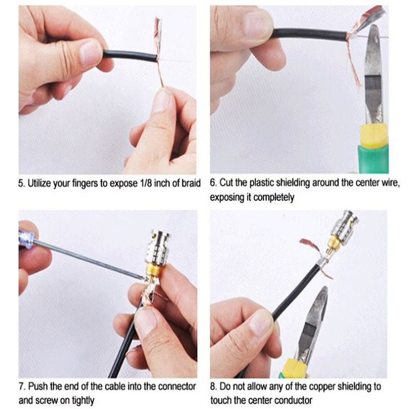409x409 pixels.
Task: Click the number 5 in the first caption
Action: click(x=21, y=183)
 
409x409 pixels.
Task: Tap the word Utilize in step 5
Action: click(x=39, y=183)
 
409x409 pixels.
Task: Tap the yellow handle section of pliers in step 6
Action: click(x=373, y=136)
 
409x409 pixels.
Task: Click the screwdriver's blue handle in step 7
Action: click(x=26, y=238)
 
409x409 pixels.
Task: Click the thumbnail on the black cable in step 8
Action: click(x=261, y=320)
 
